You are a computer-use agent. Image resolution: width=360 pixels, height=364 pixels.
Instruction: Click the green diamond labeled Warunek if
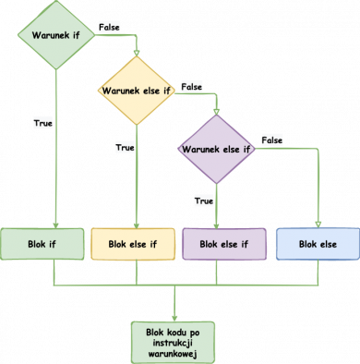55,36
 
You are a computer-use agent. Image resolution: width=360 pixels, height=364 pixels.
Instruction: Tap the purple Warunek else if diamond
216,147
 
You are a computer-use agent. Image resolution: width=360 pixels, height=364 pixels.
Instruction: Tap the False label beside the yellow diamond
191,85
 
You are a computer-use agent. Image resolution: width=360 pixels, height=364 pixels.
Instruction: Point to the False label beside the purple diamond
271,140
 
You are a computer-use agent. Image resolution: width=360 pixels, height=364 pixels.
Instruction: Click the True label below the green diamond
42,122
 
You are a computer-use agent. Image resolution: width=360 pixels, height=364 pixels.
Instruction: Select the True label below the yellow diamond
124,147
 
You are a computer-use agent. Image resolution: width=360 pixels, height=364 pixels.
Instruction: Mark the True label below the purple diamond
204,200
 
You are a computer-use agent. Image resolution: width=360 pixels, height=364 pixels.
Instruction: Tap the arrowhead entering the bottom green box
174,315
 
